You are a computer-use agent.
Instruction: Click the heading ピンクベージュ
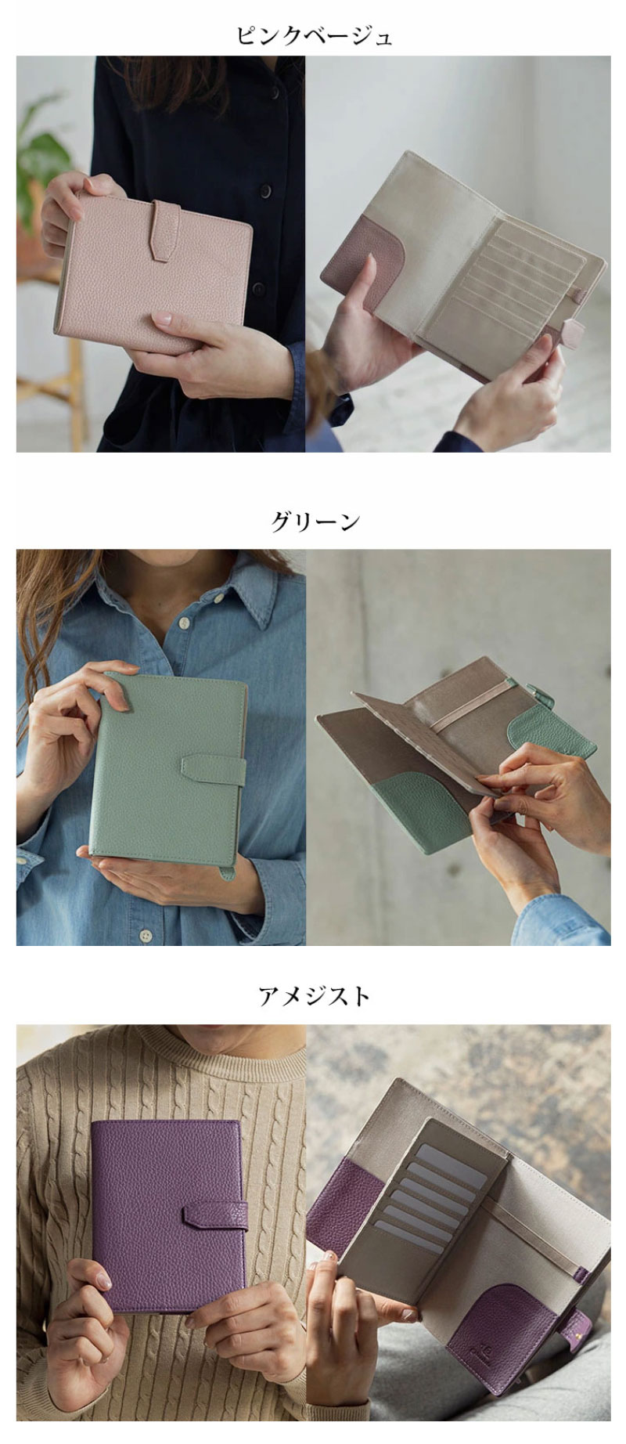(313, 36)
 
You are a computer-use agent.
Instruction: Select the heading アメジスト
(314, 996)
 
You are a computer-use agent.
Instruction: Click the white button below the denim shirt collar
(184, 624)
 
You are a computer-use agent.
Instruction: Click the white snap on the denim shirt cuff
(34, 858)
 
